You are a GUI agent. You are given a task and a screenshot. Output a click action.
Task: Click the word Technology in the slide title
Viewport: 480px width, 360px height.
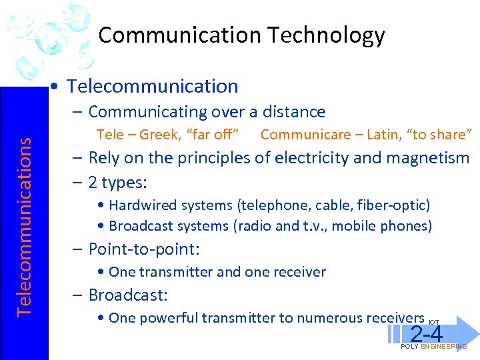pyautogui.click(x=333, y=35)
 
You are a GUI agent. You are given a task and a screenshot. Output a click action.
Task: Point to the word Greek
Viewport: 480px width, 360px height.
pyautogui.click(x=155, y=135)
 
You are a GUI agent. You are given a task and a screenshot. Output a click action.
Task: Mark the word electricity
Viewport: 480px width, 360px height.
pyautogui.click(x=311, y=158)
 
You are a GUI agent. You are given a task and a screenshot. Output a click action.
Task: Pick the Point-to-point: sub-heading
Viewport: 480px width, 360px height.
pyautogui.click(x=144, y=250)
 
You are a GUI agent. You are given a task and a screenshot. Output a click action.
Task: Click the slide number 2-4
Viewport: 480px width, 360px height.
pyautogui.click(x=427, y=333)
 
